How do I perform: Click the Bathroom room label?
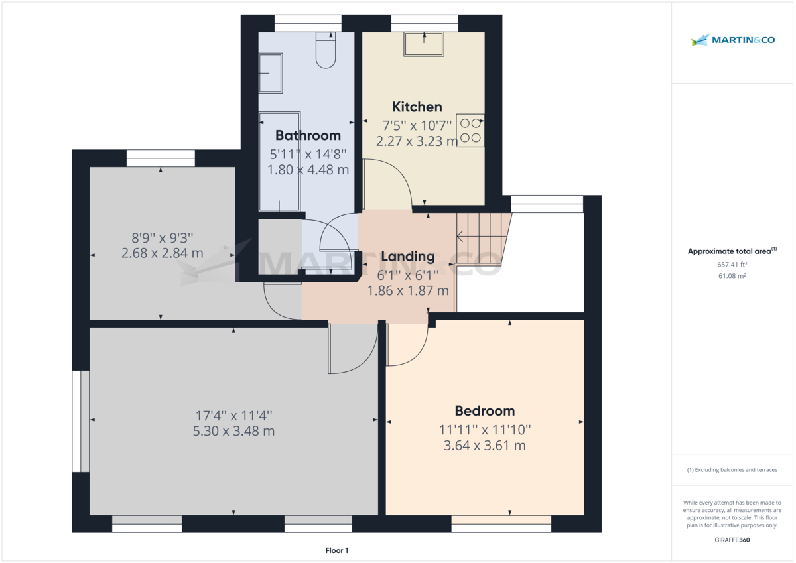308,135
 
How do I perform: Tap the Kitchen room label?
417,107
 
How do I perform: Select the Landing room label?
408,256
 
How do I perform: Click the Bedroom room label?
484,410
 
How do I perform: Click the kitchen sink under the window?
425,45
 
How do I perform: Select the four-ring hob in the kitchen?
470,130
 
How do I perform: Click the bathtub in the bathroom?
279,161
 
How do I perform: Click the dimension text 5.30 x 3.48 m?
234,431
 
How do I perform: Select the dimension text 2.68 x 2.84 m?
162,253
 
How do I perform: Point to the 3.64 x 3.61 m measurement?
484,445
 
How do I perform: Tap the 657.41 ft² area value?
732,264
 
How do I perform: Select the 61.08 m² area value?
732,275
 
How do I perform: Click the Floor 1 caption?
337,550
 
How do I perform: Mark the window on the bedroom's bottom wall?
501,527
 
